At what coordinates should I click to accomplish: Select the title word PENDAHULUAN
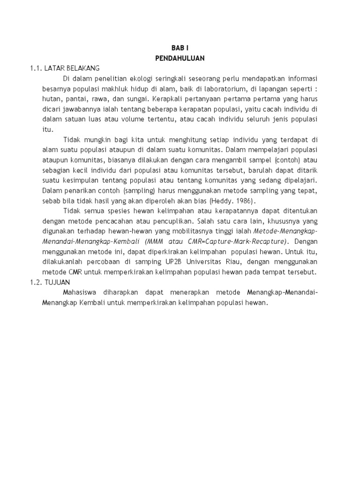click(180, 58)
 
